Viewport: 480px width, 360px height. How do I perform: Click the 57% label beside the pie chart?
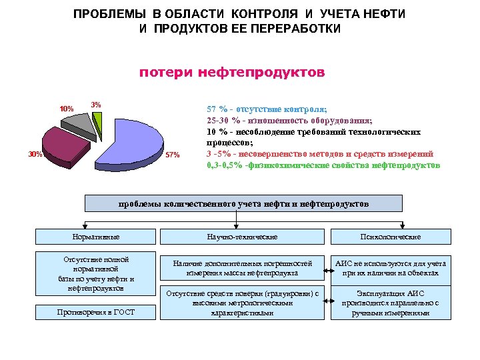[x=172, y=156]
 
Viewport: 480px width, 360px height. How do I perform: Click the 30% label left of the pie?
[x=35, y=155]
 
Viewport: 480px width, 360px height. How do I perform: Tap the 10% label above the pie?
[x=67, y=109]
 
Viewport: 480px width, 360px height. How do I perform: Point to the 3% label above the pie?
[x=96, y=105]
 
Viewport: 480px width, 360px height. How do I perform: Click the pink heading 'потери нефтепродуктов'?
[x=231, y=72]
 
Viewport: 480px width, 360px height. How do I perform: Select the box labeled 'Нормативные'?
[x=95, y=237]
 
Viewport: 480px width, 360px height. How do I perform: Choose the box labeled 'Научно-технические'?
[x=242, y=237]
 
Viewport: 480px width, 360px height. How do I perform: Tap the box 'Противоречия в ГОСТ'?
[x=95, y=312]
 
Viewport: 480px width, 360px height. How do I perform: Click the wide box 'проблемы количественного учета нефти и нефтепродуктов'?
[x=243, y=203]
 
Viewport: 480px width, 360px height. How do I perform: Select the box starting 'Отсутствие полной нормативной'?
[x=95, y=274]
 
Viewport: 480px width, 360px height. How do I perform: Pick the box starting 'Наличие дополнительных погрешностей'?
[x=242, y=268]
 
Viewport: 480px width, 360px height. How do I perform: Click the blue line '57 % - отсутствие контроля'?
[x=266, y=109]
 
